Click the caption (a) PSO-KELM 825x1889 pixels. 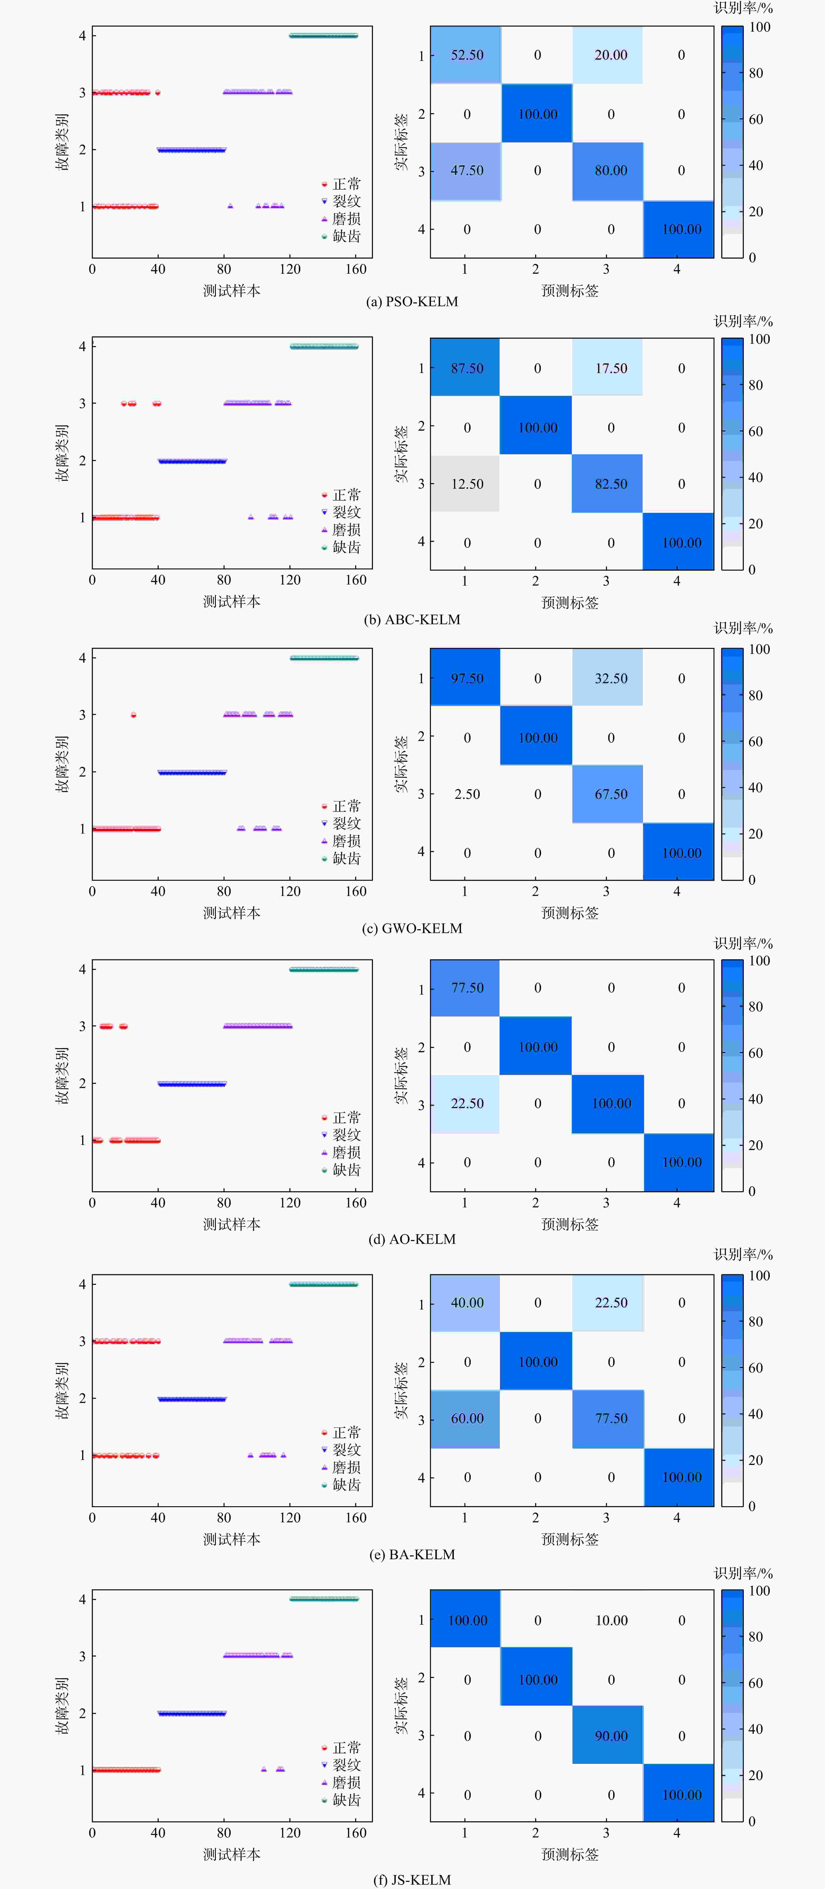[x=412, y=301]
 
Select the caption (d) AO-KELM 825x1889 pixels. [x=412, y=1239]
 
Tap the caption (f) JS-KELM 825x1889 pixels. [x=412, y=1879]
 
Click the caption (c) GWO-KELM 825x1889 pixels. [x=412, y=928]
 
